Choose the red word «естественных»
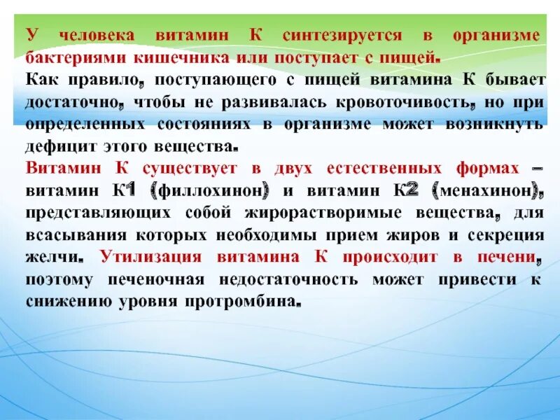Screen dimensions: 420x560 388,169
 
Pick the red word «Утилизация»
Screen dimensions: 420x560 151,258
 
